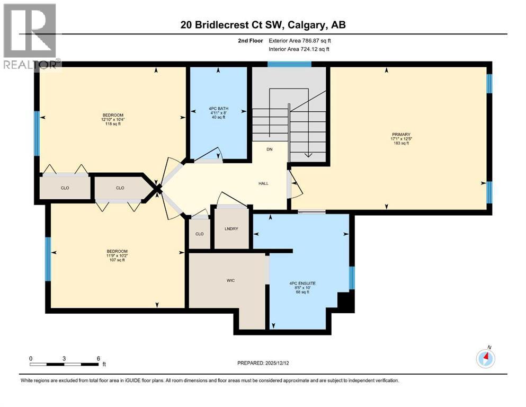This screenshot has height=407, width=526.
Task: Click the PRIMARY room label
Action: pyautogui.click(x=405, y=135)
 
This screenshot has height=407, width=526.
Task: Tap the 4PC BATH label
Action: pyautogui.click(x=218, y=109)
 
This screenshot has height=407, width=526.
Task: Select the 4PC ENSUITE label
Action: pyautogui.click(x=302, y=284)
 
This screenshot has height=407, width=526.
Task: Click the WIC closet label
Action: pyautogui.click(x=230, y=280)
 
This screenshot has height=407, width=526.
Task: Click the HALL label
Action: pyautogui.click(x=263, y=183)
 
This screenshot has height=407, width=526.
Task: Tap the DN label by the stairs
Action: pyautogui.click(x=270, y=149)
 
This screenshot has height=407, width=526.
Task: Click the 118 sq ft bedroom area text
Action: pyautogui.click(x=113, y=124)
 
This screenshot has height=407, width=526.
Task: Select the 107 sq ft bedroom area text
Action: pyautogui.click(x=117, y=260)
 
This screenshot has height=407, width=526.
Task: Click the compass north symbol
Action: pyautogui.click(x=485, y=359)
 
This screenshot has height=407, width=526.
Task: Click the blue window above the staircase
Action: pyautogui.click(x=289, y=65)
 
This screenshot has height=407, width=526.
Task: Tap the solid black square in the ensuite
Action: pyautogui.click(x=345, y=302)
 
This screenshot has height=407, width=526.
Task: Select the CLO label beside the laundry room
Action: pyautogui.click(x=199, y=234)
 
